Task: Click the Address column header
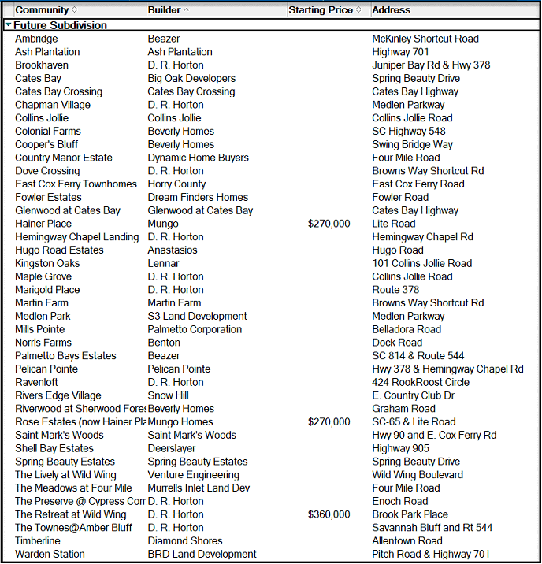391,10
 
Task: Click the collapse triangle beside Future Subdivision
8,25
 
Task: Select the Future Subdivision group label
60,25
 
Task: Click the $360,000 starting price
329,514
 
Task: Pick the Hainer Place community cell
43,224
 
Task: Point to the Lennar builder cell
163,263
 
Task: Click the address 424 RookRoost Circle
421,382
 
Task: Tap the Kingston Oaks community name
47,263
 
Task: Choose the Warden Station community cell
50,554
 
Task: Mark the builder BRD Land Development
202,554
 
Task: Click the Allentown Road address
407,540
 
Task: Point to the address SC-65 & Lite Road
414,421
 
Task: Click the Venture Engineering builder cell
193,474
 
